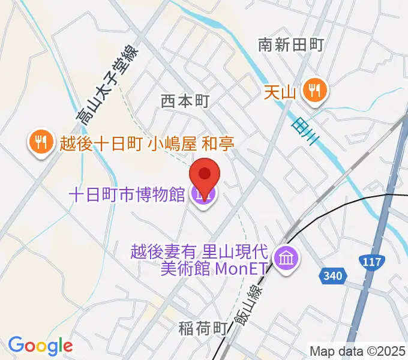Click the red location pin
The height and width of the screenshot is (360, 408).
tap(204, 175)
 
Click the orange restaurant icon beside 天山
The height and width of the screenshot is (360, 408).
tap(314, 91)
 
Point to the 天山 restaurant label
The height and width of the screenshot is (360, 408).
tap(281, 92)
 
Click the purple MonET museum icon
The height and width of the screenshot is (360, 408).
tap(284, 259)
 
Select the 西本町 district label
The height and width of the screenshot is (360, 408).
tap(185, 101)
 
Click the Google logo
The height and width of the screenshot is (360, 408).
tap(40, 346)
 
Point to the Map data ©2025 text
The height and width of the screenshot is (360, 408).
tap(358, 350)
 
